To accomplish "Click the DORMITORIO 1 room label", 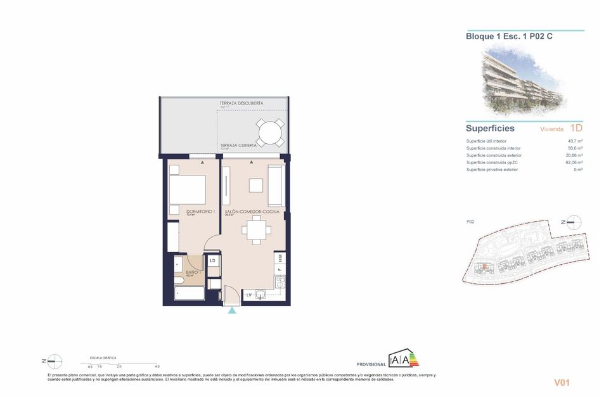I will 200,211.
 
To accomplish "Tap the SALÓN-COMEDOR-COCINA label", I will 252,212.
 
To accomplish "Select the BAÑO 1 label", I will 193,272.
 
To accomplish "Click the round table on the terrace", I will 271,132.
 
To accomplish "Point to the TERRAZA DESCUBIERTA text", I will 241,103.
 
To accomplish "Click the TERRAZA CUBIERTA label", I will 238,145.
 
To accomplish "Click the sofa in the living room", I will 275,184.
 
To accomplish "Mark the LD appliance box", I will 213,260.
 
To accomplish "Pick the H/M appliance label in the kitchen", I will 280,258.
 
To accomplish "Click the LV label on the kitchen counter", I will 250,295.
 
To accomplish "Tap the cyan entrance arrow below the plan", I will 233,310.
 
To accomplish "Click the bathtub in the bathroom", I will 190,294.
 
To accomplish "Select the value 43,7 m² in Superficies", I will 574,141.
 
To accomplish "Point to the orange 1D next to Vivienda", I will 576,128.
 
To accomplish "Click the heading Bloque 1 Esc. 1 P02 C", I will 509,37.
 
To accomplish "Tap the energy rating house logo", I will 404,359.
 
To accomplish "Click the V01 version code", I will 563,382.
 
